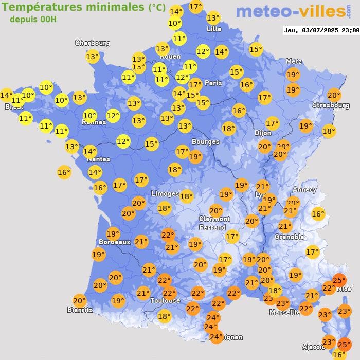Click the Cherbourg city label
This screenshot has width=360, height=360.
93,43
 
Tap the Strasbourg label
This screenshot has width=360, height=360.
331,105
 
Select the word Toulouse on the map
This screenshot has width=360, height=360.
165,300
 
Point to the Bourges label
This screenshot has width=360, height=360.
205,141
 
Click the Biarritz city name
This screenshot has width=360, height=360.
80,310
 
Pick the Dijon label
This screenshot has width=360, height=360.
262,133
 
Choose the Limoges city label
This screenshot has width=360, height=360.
165,193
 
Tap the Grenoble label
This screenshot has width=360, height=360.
289,237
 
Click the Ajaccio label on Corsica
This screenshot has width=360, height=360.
312,347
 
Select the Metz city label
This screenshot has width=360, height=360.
293,62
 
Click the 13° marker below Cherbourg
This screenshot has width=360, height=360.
93,57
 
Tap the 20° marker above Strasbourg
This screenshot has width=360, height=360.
334,95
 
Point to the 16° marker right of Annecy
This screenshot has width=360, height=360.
318,214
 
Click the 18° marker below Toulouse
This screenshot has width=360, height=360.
164,316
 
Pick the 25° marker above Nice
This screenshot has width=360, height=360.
339,280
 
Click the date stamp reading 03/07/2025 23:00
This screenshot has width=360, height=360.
321,30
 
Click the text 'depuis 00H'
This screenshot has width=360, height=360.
33,20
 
